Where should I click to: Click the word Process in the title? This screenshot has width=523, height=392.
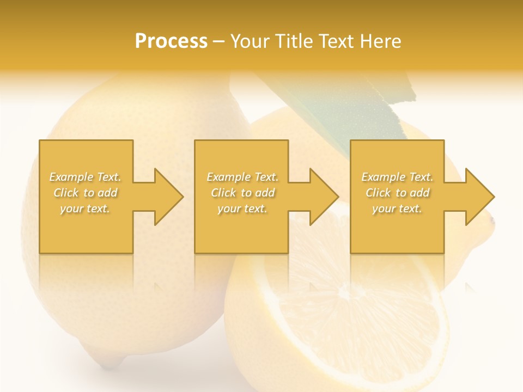tap(171, 41)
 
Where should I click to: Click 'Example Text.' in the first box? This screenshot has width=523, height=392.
tap(85, 177)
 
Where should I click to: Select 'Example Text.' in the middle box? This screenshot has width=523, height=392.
tap(242, 177)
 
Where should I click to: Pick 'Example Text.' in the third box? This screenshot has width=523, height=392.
tap(397, 177)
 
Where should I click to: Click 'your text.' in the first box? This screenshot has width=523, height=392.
tap(85, 209)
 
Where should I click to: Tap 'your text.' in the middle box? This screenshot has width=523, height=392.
tap(242, 209)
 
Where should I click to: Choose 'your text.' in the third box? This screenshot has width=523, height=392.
tap(397, 209)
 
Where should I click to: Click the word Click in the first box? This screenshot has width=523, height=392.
tap(66, 193)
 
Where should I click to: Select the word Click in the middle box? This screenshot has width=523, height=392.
tap(223, 193)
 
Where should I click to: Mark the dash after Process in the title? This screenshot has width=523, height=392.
tap(219, 41)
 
